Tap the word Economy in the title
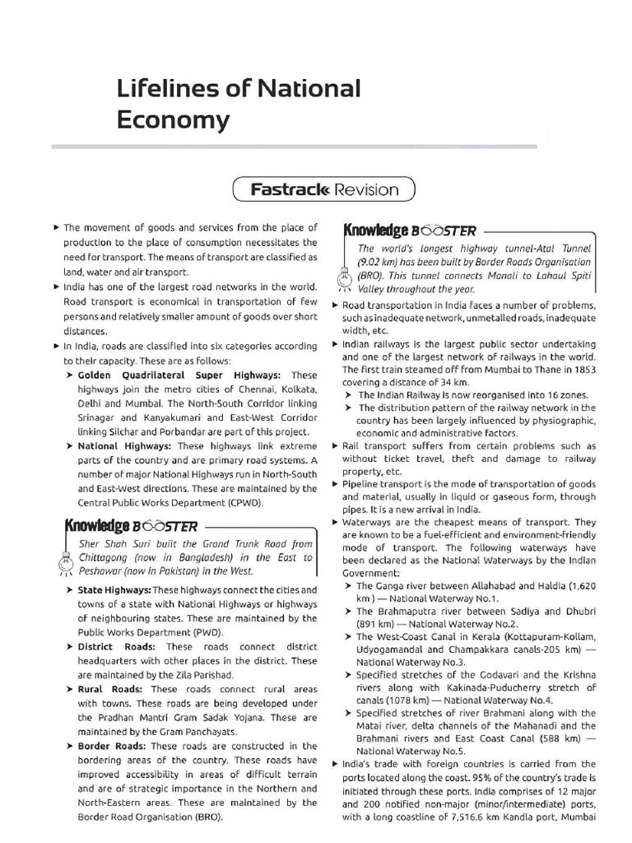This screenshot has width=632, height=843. pyautogui.click(x=172, y=120)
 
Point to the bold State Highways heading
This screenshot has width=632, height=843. pyautogui.click(x=114, y=590)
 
